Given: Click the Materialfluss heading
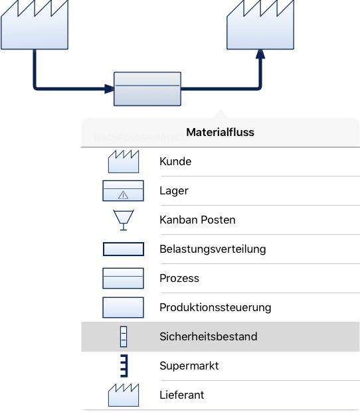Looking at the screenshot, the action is point(220,132).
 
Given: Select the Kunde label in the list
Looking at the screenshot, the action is point(175,161).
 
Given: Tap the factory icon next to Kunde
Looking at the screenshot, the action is point(124,162).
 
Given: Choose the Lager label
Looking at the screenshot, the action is point(174,191).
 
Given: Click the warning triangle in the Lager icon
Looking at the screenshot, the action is point(123,195).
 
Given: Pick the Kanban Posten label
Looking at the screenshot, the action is point(197,220).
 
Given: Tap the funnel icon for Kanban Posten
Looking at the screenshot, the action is point(124,220).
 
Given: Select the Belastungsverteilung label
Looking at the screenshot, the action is point(213,249).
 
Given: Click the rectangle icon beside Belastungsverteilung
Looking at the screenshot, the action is point(124,249).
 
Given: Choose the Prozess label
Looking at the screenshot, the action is point(179,278).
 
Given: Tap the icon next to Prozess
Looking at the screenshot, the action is point(123,278).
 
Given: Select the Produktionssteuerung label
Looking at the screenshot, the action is point(215,307).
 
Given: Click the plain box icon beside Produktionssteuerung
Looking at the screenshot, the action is point(123,307).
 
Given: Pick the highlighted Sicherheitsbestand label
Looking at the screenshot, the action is point(209,336).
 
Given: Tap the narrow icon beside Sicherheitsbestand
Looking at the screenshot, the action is point(124,336).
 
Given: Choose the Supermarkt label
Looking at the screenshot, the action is point(189,366).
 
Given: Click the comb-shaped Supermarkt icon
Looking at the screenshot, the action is point(124,366).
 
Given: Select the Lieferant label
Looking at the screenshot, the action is point(182,395).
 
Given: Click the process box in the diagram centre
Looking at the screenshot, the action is point(147,89).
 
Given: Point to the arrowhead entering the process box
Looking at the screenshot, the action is point(109,89).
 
